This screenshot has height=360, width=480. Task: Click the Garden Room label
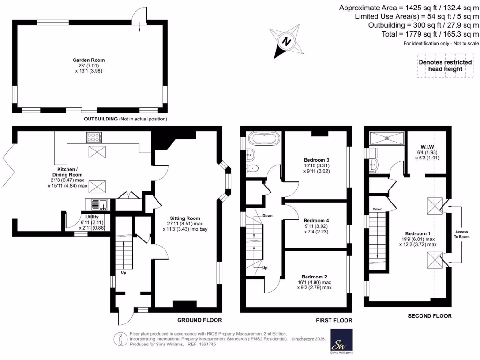(x=88, y=60)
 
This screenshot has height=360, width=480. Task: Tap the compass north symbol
(x=285, y=41)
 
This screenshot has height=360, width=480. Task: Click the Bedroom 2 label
(x=314, y=277)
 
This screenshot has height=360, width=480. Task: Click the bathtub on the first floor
(x=264, y=139)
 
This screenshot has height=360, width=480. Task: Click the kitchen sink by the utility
(x=97, y=204)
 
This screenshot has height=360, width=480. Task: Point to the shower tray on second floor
(x=386, y=138)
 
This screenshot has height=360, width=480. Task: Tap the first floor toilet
(x=253, y=168)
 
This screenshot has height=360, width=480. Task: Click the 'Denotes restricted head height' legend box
(x=440, y=66)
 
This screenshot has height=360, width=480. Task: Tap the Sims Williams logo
(x=342, y=341)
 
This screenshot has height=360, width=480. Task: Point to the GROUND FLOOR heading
(x=199, y=320)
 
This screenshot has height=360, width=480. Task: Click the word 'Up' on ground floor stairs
(x=124, y=272)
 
